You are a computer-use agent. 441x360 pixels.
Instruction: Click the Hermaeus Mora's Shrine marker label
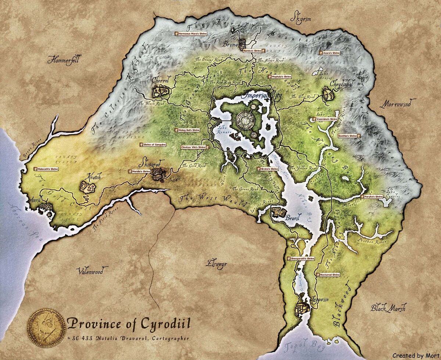190,33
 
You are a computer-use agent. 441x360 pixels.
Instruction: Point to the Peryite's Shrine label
372,197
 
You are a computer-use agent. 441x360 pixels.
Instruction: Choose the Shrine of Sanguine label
153,145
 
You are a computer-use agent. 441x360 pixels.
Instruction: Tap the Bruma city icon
242,44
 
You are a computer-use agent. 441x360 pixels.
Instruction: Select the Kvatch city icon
88,189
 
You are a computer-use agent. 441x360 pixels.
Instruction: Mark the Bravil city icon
278,213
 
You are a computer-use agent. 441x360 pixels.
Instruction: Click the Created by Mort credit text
415,355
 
